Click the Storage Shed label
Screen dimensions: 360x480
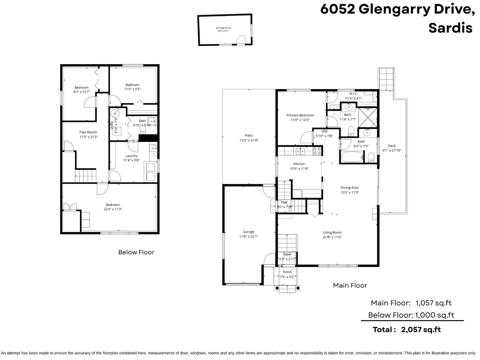[x=223, y=28]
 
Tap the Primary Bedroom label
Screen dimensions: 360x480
[x=300, y=115]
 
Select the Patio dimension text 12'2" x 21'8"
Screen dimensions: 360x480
[x=249, y=140]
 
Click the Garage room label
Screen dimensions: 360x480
[x=248, y=232]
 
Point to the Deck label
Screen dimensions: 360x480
[x=391, y=146]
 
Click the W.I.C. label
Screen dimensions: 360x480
[x=353, y=94]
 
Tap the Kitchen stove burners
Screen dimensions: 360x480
[x=317, y=151]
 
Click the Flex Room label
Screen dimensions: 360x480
[x=88, y=132]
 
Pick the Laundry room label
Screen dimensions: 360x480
[x=131, y=156]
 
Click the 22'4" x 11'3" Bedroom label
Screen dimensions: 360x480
[x=113, y=205]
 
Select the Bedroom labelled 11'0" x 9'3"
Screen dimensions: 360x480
[x=132, y=85]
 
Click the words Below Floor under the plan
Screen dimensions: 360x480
[x=136, y=252]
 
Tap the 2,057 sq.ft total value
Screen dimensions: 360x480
[x=421, y=330]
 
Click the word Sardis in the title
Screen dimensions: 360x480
[x=450, y=28]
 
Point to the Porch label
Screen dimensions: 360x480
[x=287, y=272]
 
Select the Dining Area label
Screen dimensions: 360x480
[x=349, y=187]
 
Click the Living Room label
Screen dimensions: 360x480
[x=332, y=232]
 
